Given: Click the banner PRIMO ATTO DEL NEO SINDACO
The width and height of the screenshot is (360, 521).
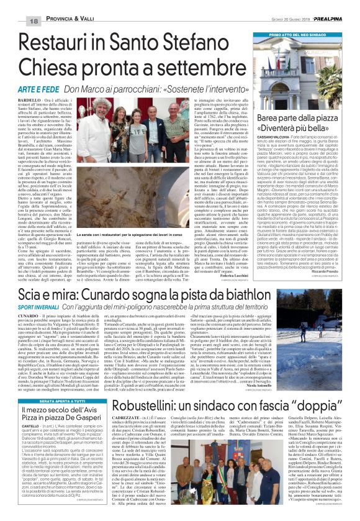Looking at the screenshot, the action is pos(304,37).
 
